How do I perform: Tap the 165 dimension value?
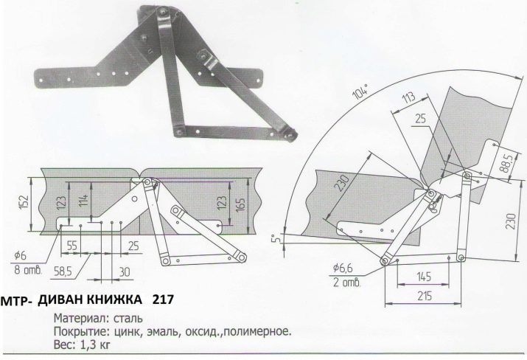(x=240, y=202)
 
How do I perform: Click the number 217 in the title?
(x=162, y=300)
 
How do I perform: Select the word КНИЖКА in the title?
(x=110, y=300)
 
